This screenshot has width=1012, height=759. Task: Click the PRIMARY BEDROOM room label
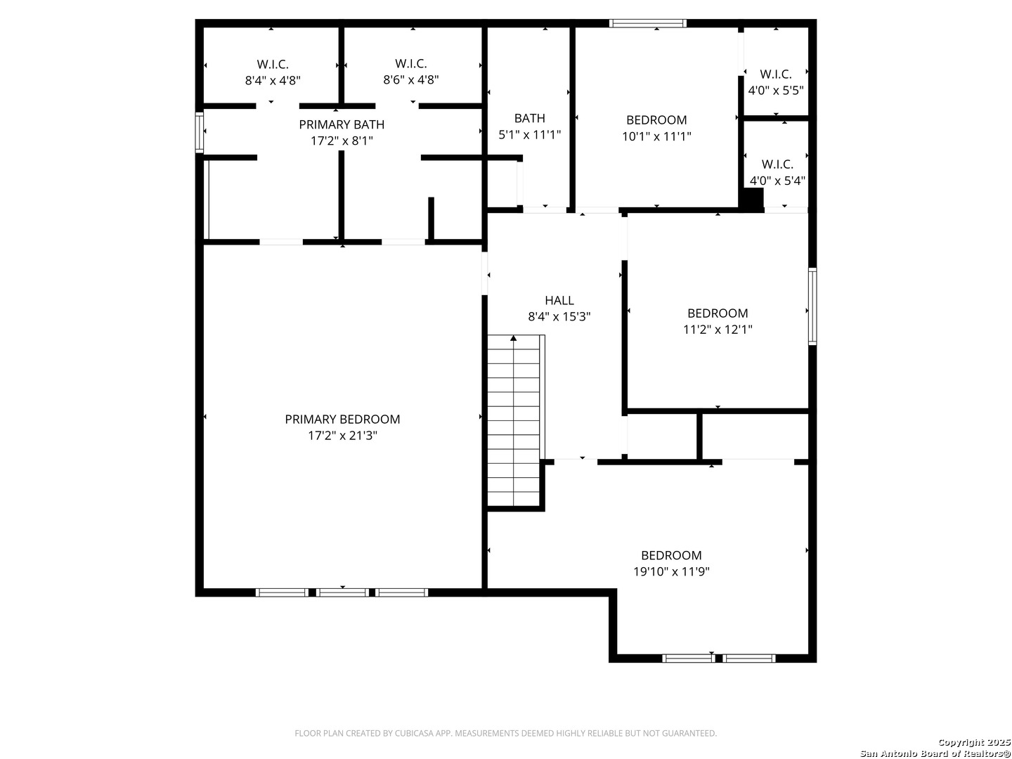tap(342, 419)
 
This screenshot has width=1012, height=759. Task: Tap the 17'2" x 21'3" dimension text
tap(342, 435)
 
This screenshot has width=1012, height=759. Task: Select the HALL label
tap(559, 300)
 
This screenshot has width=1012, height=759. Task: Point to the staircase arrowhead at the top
tap(513, 338)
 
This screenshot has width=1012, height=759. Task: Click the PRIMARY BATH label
tap(341, 124)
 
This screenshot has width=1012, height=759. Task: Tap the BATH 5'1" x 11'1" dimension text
tap(529, 134)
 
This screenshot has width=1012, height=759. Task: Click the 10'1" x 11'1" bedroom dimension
tap(656, 136)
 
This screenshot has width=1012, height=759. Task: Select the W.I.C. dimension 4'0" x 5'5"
tap(775, 91)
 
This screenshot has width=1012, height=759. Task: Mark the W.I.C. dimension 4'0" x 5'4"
tap(777, 180)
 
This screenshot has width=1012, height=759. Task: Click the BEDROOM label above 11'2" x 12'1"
tap(718, 313)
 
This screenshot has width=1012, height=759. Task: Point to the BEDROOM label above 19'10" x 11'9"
tap(671, 555)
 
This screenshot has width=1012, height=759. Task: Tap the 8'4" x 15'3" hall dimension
tap(559, 316)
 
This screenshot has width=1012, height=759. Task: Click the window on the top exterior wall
tap(647, 23)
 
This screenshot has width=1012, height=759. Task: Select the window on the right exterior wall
tap(812, 306)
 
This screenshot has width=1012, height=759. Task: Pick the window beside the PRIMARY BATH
tap(199, 132)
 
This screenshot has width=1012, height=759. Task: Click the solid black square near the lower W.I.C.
tap(751, 200)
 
